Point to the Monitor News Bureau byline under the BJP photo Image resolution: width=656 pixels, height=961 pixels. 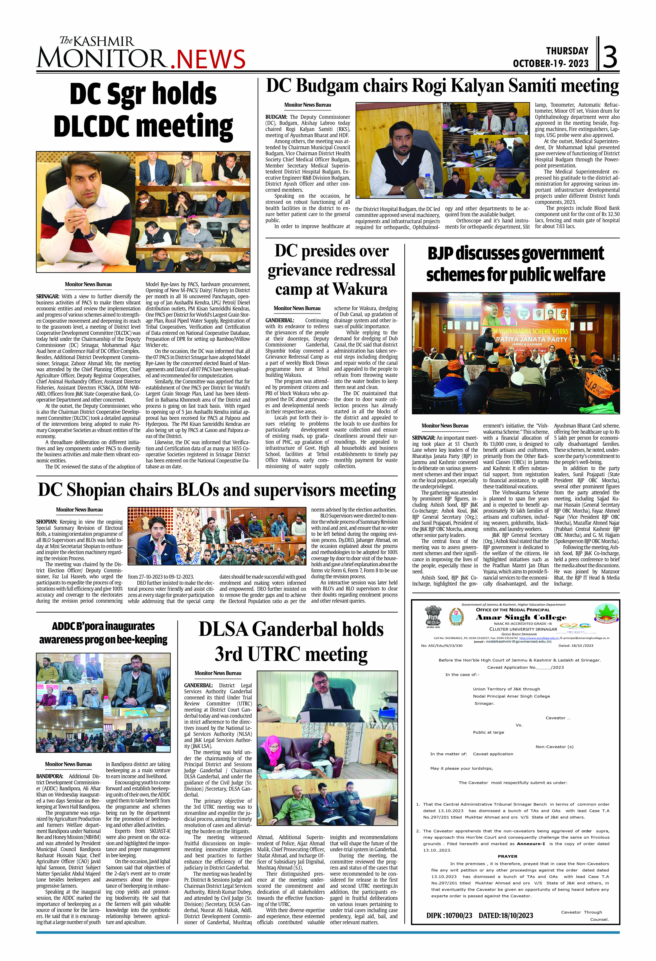(445, 426)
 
